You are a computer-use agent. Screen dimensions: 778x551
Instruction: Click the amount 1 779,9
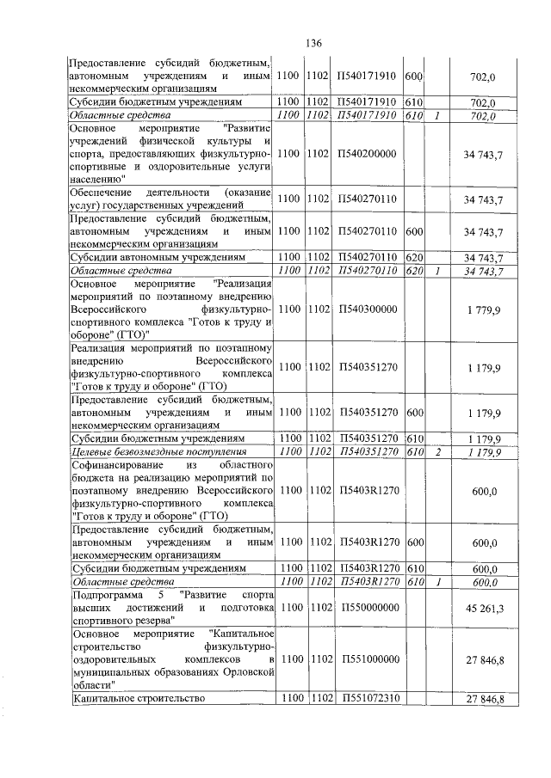pyautogui.click(x=484, y=309)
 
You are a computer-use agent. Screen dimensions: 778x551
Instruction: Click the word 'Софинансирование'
pyautogui.click(x=115, y=465)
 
